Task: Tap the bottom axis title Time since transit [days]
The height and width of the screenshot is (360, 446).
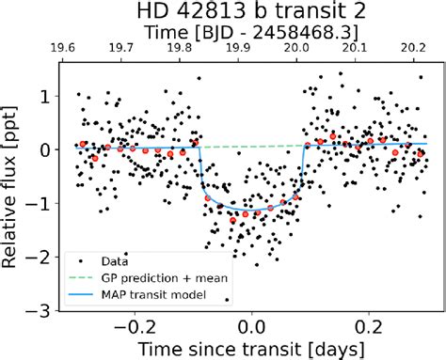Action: (x=251, y=348)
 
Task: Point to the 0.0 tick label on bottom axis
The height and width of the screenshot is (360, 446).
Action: (x=251, y=326)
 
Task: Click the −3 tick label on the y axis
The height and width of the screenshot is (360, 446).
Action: (x=38, y=310)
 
